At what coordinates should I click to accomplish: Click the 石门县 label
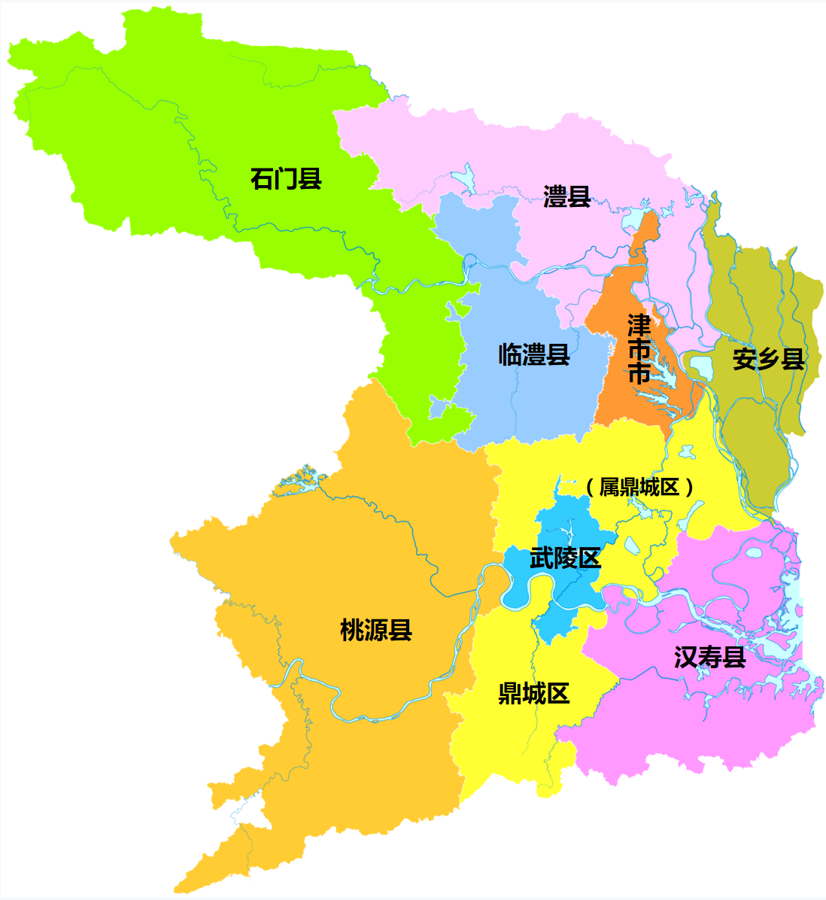(x=286, y=179)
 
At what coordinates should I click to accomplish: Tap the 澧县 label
(x=566, y=197)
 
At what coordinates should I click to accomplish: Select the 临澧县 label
(x=533, y=354)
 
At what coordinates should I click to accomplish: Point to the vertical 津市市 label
(x=639, y=350)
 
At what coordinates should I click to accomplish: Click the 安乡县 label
(x=768, y=359)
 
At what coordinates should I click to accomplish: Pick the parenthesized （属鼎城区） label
(x=639, y=487)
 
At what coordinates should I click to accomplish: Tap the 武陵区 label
(x=565, y=558)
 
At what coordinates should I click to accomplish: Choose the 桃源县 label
(x=376, y=629)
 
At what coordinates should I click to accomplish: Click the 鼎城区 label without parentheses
(x=533, y=693)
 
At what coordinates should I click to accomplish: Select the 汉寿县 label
(x=709, y=657)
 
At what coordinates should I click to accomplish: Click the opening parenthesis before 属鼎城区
(x=591, y=487)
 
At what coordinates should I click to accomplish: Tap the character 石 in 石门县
(x=262, y=179)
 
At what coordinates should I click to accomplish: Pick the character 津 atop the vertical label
(x=639, y=326)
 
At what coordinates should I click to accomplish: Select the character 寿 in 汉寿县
(x=709, y=657)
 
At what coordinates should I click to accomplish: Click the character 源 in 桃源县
(x=376, y=629)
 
